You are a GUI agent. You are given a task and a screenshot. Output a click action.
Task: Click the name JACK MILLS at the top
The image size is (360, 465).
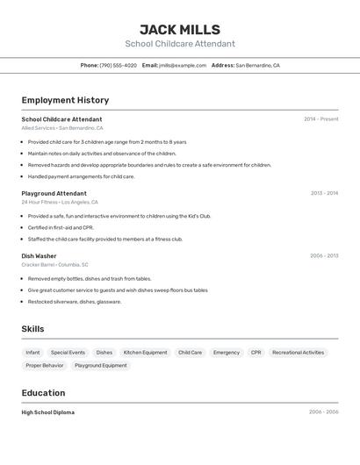(180, 29)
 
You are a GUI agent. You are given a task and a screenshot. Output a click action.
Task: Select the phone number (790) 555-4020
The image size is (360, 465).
(118, 65)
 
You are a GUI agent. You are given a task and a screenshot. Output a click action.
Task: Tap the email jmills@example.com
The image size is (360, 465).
(183, 65)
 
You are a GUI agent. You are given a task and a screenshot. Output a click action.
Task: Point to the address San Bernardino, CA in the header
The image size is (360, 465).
(257, 65)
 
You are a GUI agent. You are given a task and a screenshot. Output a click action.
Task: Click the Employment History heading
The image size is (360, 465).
(65, 100)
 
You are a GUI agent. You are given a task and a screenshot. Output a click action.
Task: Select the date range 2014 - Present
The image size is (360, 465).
(320, 119)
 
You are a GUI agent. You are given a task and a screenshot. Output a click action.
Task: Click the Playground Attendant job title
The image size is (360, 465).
(54, 193)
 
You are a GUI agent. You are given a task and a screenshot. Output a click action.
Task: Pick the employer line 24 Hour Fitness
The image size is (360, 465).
(40, 202)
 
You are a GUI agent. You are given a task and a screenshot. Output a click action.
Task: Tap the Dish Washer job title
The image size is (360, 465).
(39, 256)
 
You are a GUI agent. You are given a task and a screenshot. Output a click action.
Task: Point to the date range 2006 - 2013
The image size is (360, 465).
(323, 256)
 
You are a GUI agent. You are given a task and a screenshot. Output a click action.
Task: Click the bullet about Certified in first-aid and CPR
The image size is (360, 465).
(61, 227)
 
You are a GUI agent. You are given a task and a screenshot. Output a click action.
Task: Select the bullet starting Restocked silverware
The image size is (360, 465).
(75, 301)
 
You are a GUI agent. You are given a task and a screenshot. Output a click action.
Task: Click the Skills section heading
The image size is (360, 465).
(32, 329)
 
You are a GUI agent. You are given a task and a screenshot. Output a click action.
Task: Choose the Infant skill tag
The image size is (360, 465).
(32, 352)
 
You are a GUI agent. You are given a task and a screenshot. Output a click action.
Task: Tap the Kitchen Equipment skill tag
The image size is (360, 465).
(145, 352)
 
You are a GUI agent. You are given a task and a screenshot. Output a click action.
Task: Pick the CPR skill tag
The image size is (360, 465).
(256, 352)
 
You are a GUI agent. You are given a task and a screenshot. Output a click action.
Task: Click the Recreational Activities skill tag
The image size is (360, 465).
(298, 352)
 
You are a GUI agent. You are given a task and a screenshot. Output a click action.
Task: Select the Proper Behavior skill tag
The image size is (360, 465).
(45, 365)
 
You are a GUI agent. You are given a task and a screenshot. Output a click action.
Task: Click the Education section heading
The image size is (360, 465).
(43, 393)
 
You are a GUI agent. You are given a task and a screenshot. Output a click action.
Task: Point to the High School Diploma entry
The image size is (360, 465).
(48, 412)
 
